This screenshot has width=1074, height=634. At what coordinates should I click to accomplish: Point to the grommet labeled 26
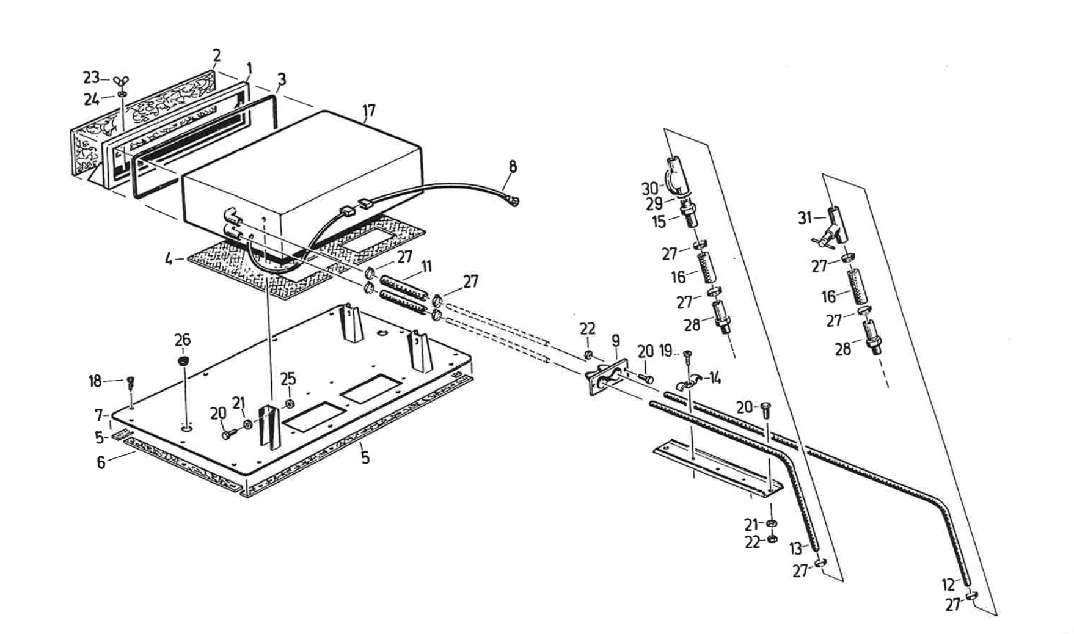pos(182,361)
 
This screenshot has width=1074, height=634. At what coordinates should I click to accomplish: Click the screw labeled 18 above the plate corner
pos(130,383)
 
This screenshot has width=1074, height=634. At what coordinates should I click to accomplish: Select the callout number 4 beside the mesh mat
pos(169,259)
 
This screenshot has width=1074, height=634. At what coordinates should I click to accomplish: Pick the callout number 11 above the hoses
pos(426,266)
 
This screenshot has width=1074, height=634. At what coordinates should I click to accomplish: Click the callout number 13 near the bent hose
pos(795,548)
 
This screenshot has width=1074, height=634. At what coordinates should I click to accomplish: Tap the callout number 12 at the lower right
pos(948,585)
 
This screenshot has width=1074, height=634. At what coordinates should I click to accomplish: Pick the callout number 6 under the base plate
pos(101,462)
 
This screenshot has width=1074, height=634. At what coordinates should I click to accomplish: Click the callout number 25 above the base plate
pos(288,380)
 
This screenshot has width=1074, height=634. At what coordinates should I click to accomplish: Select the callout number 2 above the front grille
pos(216,56)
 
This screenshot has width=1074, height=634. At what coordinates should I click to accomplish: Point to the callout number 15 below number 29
pos(658,221)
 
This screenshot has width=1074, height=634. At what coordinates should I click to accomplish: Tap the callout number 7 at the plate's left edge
pos(99,415)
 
